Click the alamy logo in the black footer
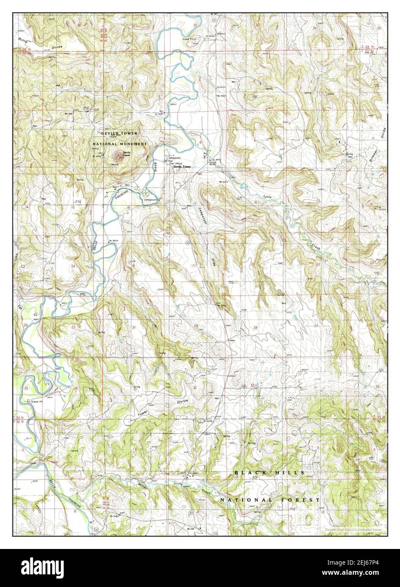pos(43,565)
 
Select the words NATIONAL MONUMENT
pos(120,144)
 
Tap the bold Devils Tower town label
pos(182,167)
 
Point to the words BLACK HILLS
pos(269,473)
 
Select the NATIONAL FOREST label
pos(270,500)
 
